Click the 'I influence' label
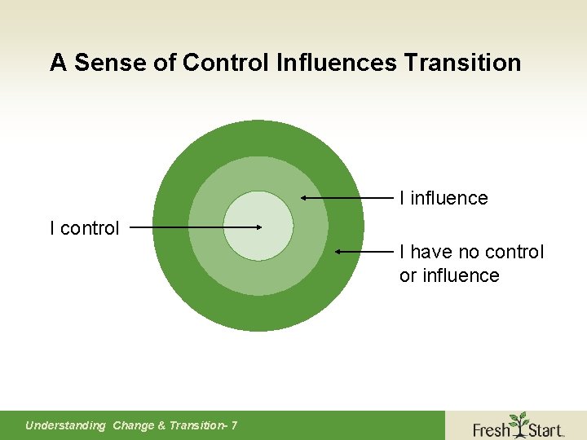444,198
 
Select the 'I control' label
84,228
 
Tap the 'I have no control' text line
471,252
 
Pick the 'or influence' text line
449,275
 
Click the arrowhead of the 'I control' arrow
258,228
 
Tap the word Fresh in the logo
491,429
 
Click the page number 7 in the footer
234,425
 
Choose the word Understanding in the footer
65,425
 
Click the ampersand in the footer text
161,425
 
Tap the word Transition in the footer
196,425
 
